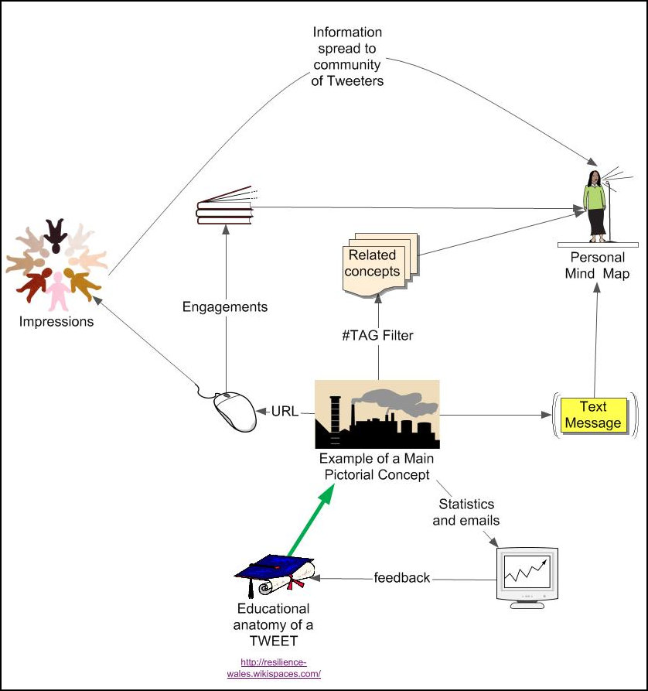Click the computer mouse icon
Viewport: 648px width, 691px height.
point(234,411)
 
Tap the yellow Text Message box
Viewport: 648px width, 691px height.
point(593,415)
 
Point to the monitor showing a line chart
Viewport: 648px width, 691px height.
point(526,576)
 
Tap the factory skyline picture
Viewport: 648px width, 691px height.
point(377,414)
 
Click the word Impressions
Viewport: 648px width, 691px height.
point(56,321)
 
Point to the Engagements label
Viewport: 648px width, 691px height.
point(225,306)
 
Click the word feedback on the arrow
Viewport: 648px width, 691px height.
point(402,577)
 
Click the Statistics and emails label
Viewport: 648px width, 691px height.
point(466,512)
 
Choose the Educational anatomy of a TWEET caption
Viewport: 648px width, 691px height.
point(273,624)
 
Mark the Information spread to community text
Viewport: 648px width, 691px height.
point(347,56)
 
